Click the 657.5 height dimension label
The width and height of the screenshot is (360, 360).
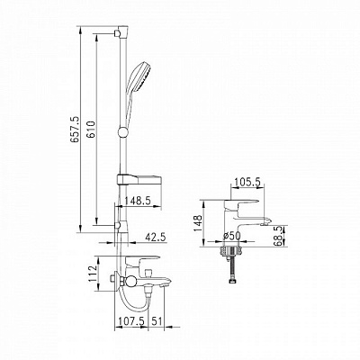point(75,130)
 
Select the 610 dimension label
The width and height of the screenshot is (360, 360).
point(91,130)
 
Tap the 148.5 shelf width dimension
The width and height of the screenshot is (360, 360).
point(138,201)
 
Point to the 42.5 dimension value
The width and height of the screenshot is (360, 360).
point(156,237)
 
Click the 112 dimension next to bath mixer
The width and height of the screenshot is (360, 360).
point(94,273)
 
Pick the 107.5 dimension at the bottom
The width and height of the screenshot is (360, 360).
point(130,320)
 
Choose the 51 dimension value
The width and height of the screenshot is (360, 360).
point(156,320)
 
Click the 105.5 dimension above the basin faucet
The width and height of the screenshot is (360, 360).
point(247,182)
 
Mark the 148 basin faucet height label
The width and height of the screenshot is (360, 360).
point(197,223)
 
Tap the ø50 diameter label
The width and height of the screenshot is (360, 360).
point(231,236)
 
